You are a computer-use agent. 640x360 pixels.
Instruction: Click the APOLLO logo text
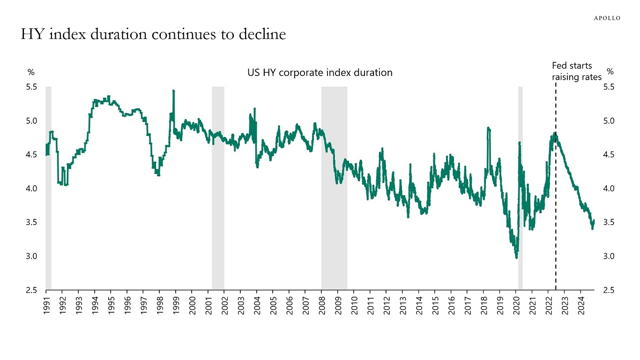click(607, 18)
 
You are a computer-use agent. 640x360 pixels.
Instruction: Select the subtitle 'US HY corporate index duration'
click(320, 73)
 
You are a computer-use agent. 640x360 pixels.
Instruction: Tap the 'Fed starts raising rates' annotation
click(576, 71)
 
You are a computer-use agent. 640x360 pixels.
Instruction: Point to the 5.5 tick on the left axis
click(32, 87)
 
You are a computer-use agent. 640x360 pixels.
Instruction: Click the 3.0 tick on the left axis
click(32, 256)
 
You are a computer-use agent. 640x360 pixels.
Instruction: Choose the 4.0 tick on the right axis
click(609, 188)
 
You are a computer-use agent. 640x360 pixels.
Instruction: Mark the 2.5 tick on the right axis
click(609, 290)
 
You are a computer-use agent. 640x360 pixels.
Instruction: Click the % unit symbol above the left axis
click(31, 72)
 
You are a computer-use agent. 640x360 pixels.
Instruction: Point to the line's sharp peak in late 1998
click(174, 90)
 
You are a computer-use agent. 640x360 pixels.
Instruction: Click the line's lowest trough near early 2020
click(516, 257)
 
